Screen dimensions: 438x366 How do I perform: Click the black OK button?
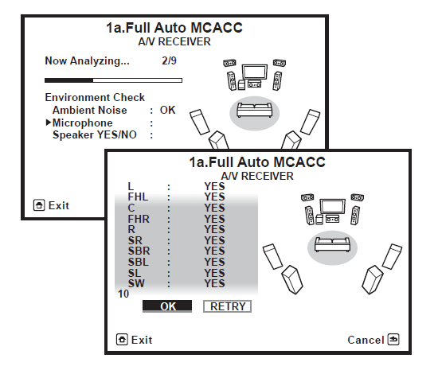tap(167, 306)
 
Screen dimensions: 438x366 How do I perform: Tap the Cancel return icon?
tap(393, 340)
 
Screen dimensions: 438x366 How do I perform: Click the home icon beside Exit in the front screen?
tap(122, 340)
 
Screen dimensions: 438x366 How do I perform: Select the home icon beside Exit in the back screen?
tap(39, 205)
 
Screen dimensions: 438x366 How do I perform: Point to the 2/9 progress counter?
tap(169, 60)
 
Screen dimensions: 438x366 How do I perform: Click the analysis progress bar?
tap(113, 80)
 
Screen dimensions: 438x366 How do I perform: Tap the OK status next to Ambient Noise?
tap(167, 110)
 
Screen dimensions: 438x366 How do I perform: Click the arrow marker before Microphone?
tap(49, 123)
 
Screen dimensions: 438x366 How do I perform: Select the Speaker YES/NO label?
tap(95, 134)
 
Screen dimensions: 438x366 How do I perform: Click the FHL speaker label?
tap(138, 197)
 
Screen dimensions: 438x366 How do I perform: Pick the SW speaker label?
tap(136, 283)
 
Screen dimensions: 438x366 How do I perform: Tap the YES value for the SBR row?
tap(214, 251)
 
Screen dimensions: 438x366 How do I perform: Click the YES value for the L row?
tap(214, 186)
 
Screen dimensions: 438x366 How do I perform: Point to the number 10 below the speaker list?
tap(123, 294)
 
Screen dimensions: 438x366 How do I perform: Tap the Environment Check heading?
tap(95, 97)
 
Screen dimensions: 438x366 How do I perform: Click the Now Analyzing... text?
tap(87, 60)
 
